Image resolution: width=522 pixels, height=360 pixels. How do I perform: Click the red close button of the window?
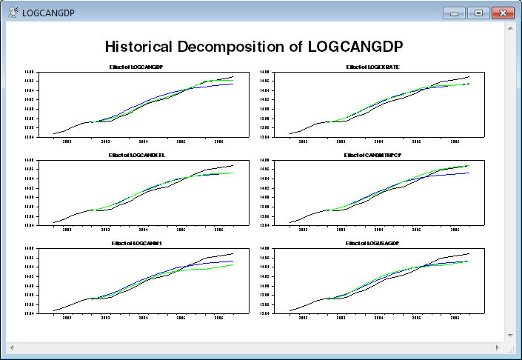coord(503,13)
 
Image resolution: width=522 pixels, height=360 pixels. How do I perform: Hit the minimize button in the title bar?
coord(453,13)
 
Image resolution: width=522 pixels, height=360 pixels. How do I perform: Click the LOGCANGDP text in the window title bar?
coord(49,13)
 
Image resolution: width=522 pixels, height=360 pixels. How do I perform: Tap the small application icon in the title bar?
coord(13,13)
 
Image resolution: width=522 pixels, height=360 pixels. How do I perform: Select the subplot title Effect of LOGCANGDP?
coord(137,67)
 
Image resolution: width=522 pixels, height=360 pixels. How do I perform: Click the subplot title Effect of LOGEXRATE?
coord(372,67)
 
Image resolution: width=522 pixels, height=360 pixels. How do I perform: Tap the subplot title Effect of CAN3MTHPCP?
coord(372,156)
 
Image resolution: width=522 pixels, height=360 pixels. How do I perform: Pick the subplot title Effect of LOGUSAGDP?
coord(372,243)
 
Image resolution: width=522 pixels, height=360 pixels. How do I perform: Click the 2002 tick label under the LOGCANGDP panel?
coord(67,141)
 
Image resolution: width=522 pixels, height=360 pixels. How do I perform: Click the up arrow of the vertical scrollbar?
coord(510,28)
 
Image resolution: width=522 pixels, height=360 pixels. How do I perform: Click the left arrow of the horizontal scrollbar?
coord(11,347)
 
